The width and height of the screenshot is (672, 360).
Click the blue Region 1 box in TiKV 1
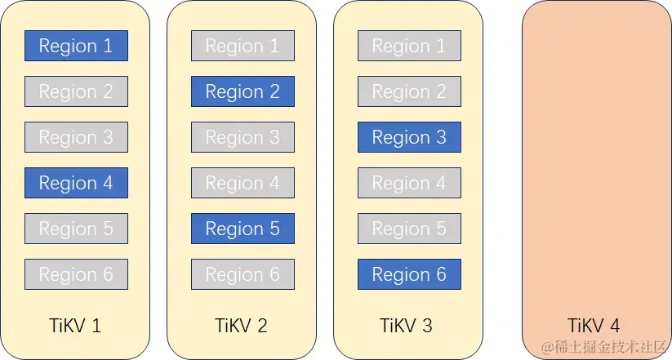76,46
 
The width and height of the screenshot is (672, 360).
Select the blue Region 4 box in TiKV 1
76,183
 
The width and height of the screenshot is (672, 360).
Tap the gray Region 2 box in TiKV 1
76,91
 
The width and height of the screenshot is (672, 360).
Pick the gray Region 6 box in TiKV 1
76,274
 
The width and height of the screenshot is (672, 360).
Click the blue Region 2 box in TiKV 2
243,91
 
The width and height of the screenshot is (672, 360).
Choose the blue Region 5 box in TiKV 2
243,229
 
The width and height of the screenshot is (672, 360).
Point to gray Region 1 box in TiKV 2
243,46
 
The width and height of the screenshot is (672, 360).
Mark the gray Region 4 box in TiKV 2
243,183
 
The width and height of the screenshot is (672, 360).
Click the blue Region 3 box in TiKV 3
409,137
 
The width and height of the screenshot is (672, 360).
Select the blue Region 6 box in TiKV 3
409,274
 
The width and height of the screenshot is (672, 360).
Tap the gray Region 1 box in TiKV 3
409,46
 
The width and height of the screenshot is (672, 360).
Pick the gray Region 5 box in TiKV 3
409,229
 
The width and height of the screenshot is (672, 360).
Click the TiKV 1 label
75,326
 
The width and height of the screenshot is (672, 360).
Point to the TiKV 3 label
406,326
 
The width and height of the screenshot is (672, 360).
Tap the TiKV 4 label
594,326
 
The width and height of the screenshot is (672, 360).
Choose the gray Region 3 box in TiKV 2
243,137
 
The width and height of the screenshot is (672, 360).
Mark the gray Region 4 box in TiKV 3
409,183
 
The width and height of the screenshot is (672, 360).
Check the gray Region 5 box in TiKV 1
76,229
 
